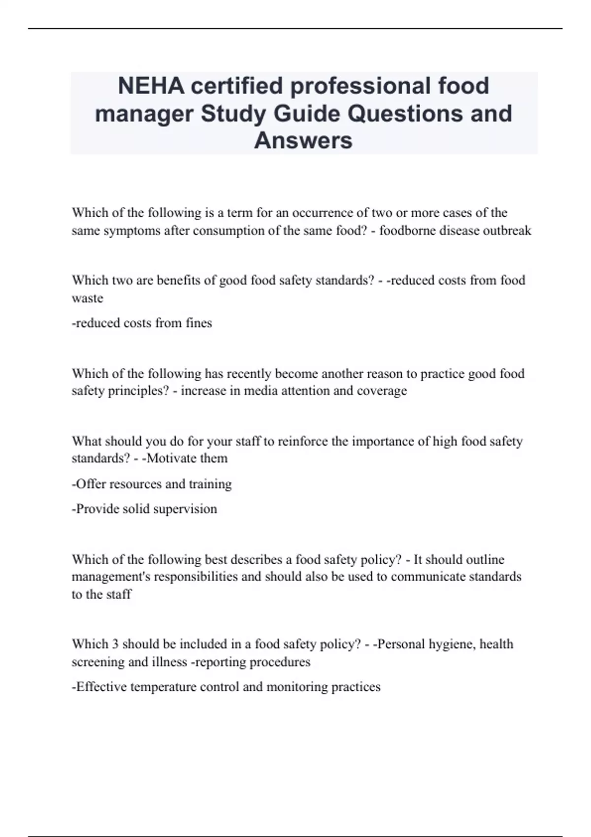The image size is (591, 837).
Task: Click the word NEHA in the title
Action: tap(151, 86)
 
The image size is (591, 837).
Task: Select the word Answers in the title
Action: tap(303, 140)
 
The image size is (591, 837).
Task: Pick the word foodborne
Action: tap(407, 230)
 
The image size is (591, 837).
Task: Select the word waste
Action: tap(88, 298)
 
